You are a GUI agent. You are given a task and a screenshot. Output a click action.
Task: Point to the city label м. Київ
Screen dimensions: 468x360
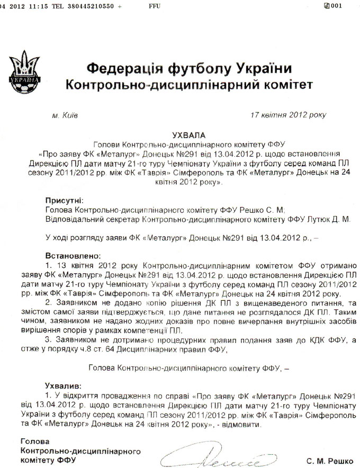coord(65,114)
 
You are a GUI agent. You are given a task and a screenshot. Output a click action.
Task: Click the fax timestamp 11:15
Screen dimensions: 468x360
coord(39,5)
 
